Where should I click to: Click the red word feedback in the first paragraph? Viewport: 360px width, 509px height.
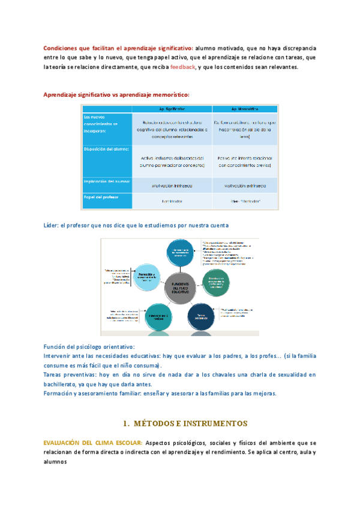[x=182, y=67]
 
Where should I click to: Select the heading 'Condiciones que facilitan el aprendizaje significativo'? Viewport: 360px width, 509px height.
[x=118, y=48]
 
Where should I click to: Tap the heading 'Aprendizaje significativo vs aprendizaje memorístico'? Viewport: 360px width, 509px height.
[x=116, y=95]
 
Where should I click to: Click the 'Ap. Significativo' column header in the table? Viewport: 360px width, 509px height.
[x=172, y=109]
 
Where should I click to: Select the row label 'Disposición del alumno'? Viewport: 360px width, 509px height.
[x=106, y=150]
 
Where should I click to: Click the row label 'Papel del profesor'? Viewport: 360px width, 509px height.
[x=101, y=196]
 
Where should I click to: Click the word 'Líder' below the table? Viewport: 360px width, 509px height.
[x=51, y=225]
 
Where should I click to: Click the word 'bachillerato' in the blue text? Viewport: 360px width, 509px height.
[x=63, y=384]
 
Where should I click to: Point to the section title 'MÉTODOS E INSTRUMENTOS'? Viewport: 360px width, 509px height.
[x=185, y=424]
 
